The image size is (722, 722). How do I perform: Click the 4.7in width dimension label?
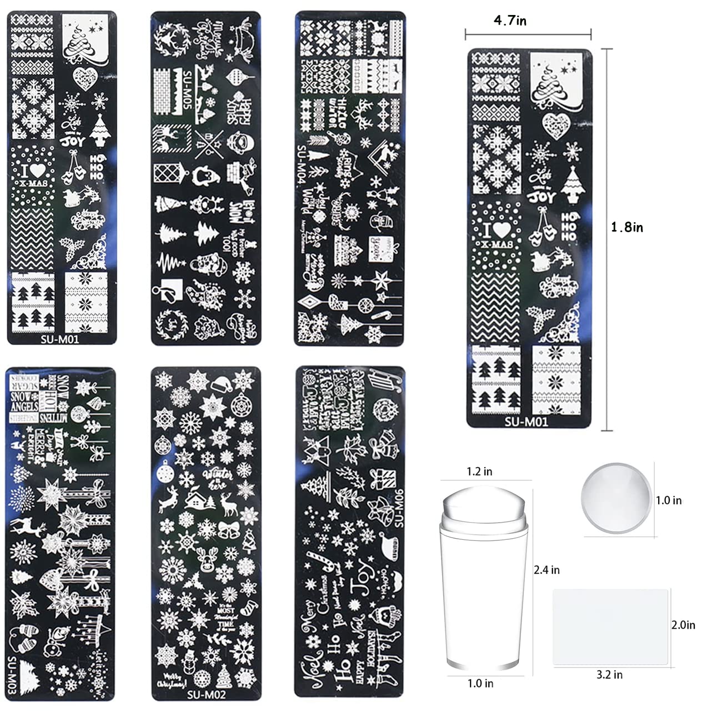(510, 21)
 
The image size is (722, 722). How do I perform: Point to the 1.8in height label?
(627, 227)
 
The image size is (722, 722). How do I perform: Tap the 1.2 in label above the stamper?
(480, 472)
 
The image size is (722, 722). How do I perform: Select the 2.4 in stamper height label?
(546, 570)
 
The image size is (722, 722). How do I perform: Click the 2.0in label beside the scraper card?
(683, 625)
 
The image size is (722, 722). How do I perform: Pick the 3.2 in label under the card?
(609, 675)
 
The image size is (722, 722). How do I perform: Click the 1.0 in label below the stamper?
(480, 683)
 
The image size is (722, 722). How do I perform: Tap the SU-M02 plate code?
(205, 694)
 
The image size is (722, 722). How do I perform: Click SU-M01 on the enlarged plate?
(526, 422)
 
